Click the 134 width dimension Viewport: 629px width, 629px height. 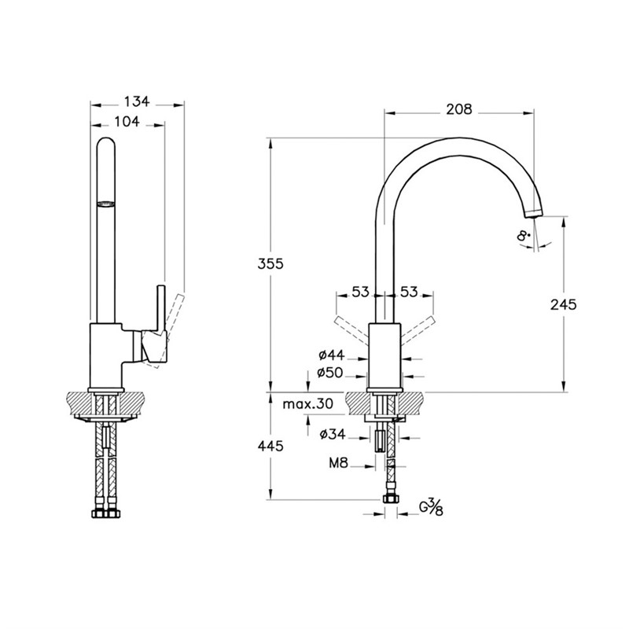click(x=137, y=101)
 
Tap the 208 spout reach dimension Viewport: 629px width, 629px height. click(x=458, y=110)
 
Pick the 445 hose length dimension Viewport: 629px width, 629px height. click(x=270, y=446)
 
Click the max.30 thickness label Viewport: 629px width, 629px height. click(x=308, y=404)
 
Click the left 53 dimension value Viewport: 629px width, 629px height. click(x=360, y=292)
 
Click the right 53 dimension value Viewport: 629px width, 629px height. click(x=409, y=292)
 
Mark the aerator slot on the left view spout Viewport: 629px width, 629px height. click(x=105, y=204)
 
